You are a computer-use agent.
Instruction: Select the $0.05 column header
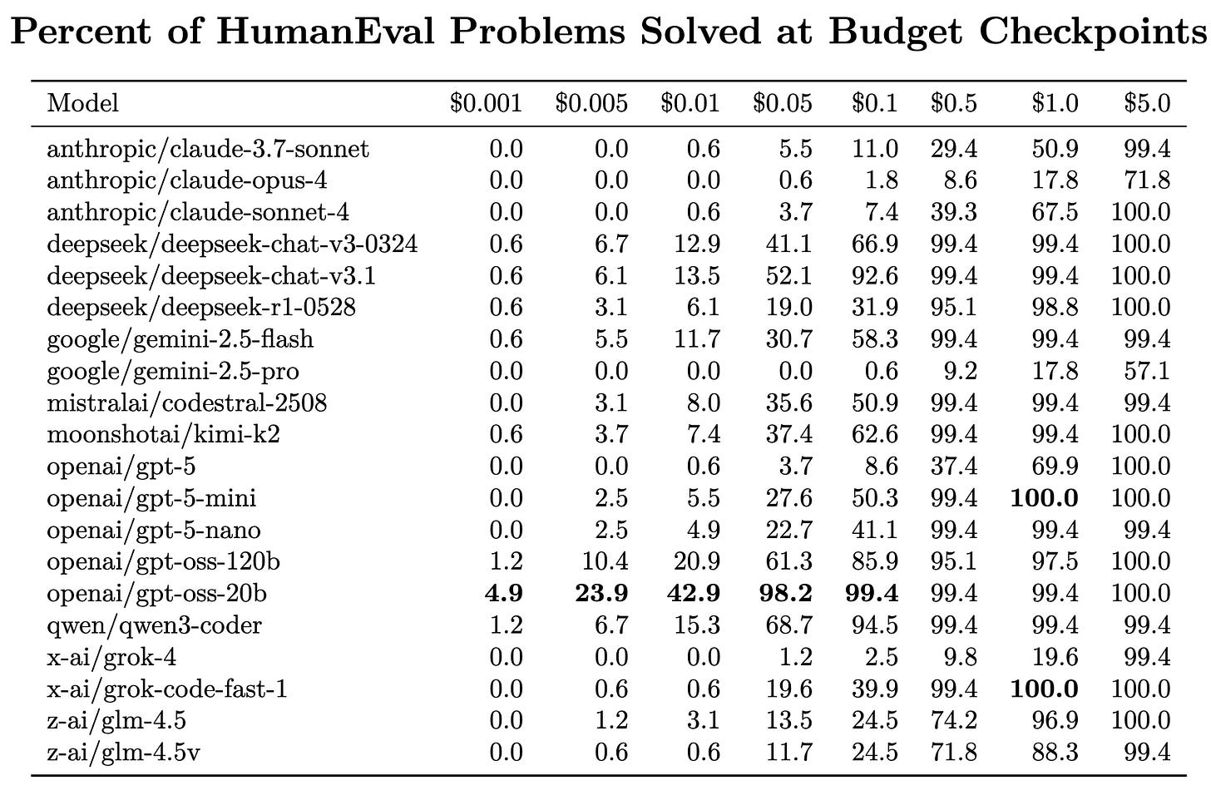pos(782,103)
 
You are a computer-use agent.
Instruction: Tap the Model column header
pos(83,103)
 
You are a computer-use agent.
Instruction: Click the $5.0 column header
pos(1147,103)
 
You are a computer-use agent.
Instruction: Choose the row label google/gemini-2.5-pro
pos(173,371)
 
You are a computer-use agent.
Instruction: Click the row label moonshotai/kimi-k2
pos(164,434)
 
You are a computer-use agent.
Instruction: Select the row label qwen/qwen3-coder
pos(155,625)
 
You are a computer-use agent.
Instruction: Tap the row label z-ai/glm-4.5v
pos(124,753)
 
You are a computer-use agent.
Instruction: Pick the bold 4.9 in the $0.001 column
pos(504,594)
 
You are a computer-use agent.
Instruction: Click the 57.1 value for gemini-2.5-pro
pos(1147,371)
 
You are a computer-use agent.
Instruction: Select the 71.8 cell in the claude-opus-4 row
pos(1147,180)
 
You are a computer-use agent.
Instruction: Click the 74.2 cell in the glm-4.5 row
pos(954,721)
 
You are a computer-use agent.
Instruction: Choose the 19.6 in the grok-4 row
pos(1055,658)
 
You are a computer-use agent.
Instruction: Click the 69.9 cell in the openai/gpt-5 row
pos(1055,467)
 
